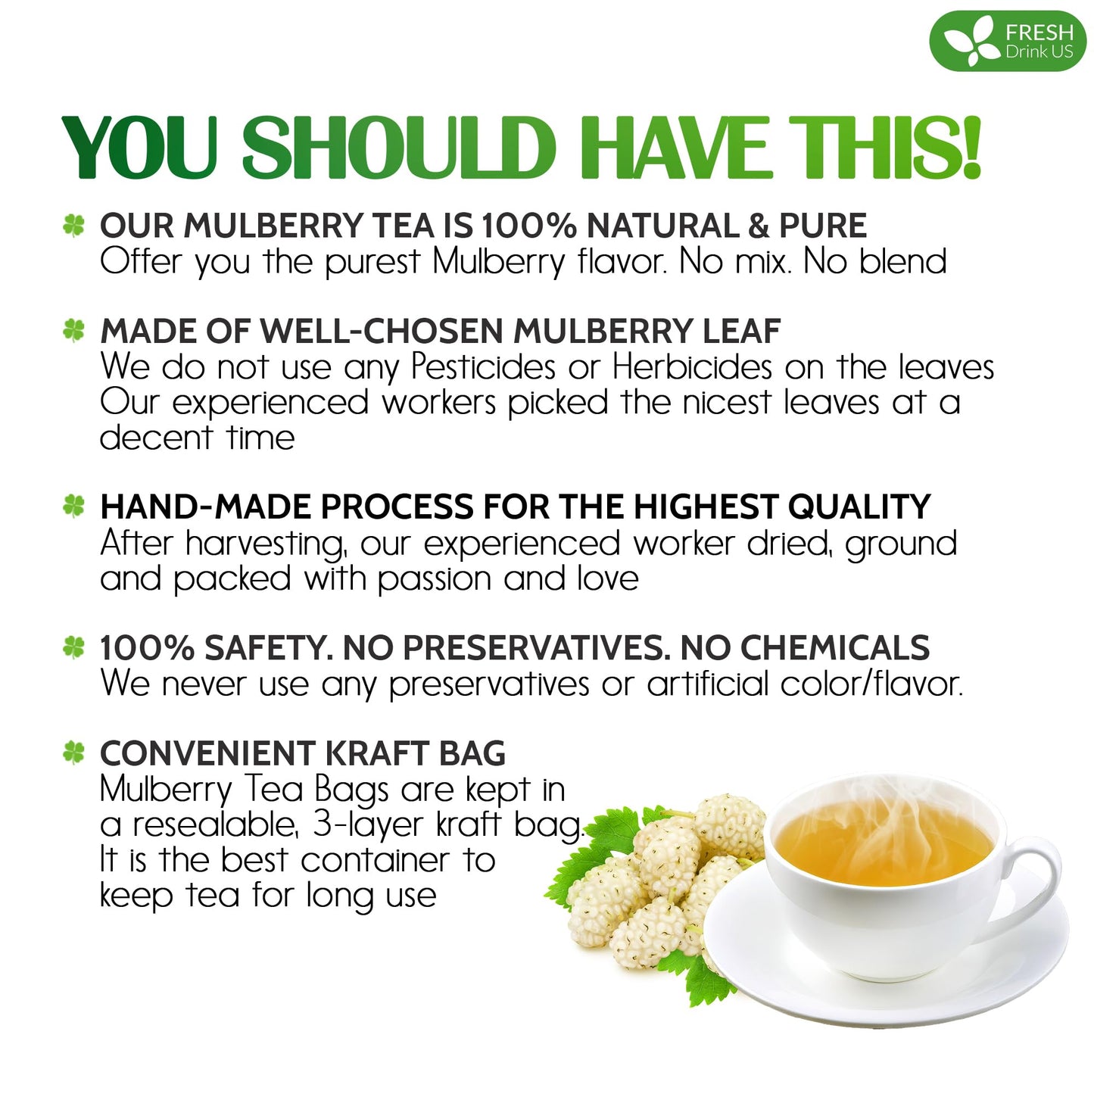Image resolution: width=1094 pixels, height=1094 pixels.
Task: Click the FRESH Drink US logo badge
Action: point(1008,42)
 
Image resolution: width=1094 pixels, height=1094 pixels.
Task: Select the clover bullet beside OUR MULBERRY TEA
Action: point(73,225)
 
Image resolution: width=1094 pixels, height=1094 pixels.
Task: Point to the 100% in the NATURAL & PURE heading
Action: point(530,226)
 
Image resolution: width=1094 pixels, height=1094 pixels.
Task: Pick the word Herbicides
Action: point(692,367)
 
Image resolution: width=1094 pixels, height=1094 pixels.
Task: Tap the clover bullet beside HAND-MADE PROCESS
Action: point(73,506)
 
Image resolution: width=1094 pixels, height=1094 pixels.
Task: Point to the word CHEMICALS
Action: point(834,648)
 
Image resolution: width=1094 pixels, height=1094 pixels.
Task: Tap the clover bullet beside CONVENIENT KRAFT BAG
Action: point(73,753)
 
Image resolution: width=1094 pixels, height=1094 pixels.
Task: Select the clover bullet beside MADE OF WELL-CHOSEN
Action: point(73,330)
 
